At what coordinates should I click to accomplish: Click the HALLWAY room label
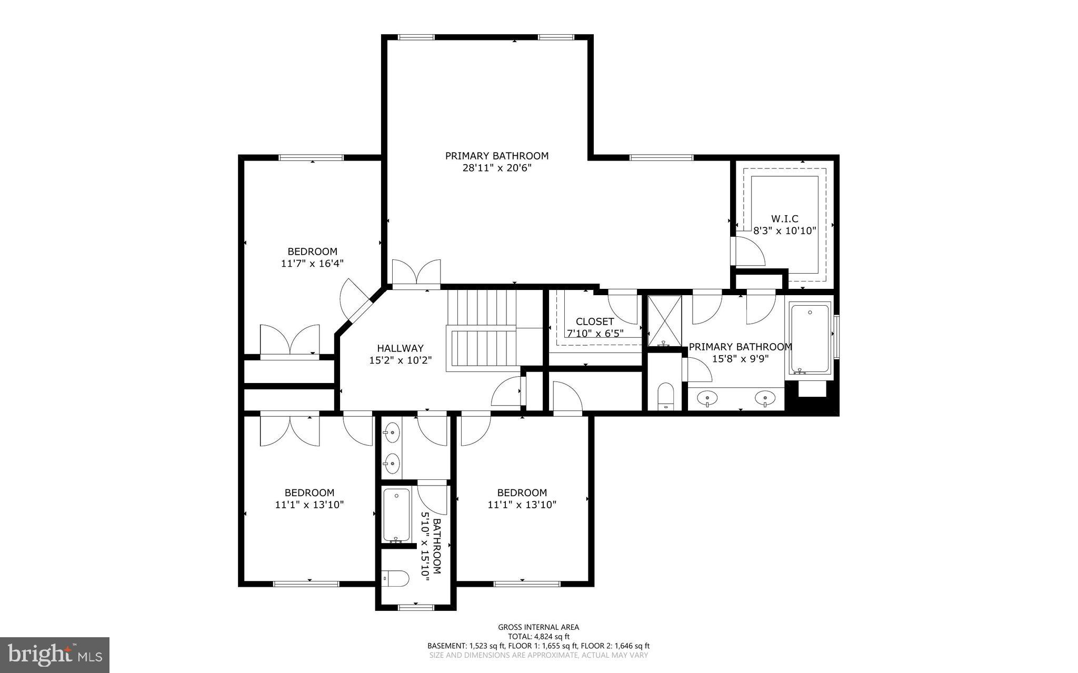pyautogui.click(x=400, y=348)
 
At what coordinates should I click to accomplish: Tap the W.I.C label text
pyautogui.click(x=784, y=219)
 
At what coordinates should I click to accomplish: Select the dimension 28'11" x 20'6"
pyautogui.click(x=497, y=168)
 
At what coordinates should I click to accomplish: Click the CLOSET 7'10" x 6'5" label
pyautogui.click(x=595, y=327)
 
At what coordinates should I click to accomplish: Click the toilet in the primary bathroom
pyautogui.click(x=666, y=396)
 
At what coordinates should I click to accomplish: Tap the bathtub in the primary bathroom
pyautogui.click(x=810, y=339)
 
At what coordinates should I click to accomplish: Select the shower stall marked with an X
pyautogui.click(x=664, y=321)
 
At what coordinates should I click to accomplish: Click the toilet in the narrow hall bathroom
pyautogui.click(x=396, y=579)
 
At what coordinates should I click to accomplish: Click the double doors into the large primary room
pyautogui.click(x=416, y=274)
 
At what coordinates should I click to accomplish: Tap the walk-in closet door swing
pyautogui.click(x=748, y=252)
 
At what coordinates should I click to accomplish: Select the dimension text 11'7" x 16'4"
pyautogui.click(x=312, y=263)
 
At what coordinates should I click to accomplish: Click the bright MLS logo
pyautogui.click(x=55, y=655)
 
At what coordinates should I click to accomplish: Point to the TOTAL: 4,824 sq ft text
pyautogui.click(x=538, y=636)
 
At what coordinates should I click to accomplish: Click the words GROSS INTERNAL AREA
pyautogui.click(x=538, y=627)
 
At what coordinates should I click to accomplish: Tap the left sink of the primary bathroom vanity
pyautogui.click(x=707, y=399)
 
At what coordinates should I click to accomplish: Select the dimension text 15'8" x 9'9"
pyautogui.click(x=740, y=359)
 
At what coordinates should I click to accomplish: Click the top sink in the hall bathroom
pyautogui.click(x=392, y=434)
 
